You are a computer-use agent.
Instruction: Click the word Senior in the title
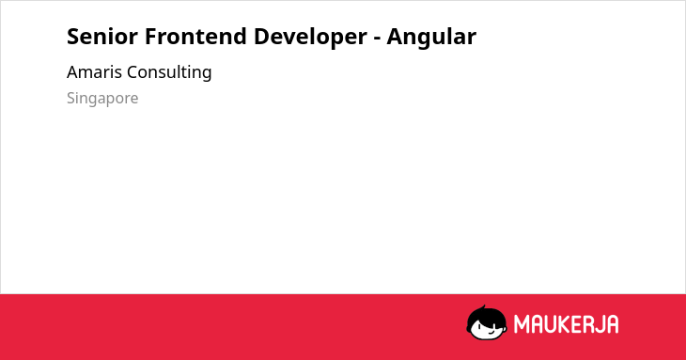coord(101,37)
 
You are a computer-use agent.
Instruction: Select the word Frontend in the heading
coord(195,37)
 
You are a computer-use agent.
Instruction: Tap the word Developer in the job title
coord(310,38)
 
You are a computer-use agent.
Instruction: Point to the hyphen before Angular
coord(377,39)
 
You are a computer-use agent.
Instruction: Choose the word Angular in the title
coord(431,38)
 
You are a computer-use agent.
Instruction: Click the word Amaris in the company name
coord(94,72)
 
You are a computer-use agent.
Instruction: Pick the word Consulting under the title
coord(169,72)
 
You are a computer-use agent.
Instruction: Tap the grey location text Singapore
coord(102,99)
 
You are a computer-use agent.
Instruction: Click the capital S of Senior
coord(72,37)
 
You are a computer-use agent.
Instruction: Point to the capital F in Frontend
coord(151,37)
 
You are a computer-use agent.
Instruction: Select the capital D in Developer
coord(261,37)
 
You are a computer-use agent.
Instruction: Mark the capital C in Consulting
coord(133,72)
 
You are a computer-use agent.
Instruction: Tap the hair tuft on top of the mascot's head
coord(483,308)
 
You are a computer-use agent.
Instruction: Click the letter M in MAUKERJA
coord(521,324)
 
